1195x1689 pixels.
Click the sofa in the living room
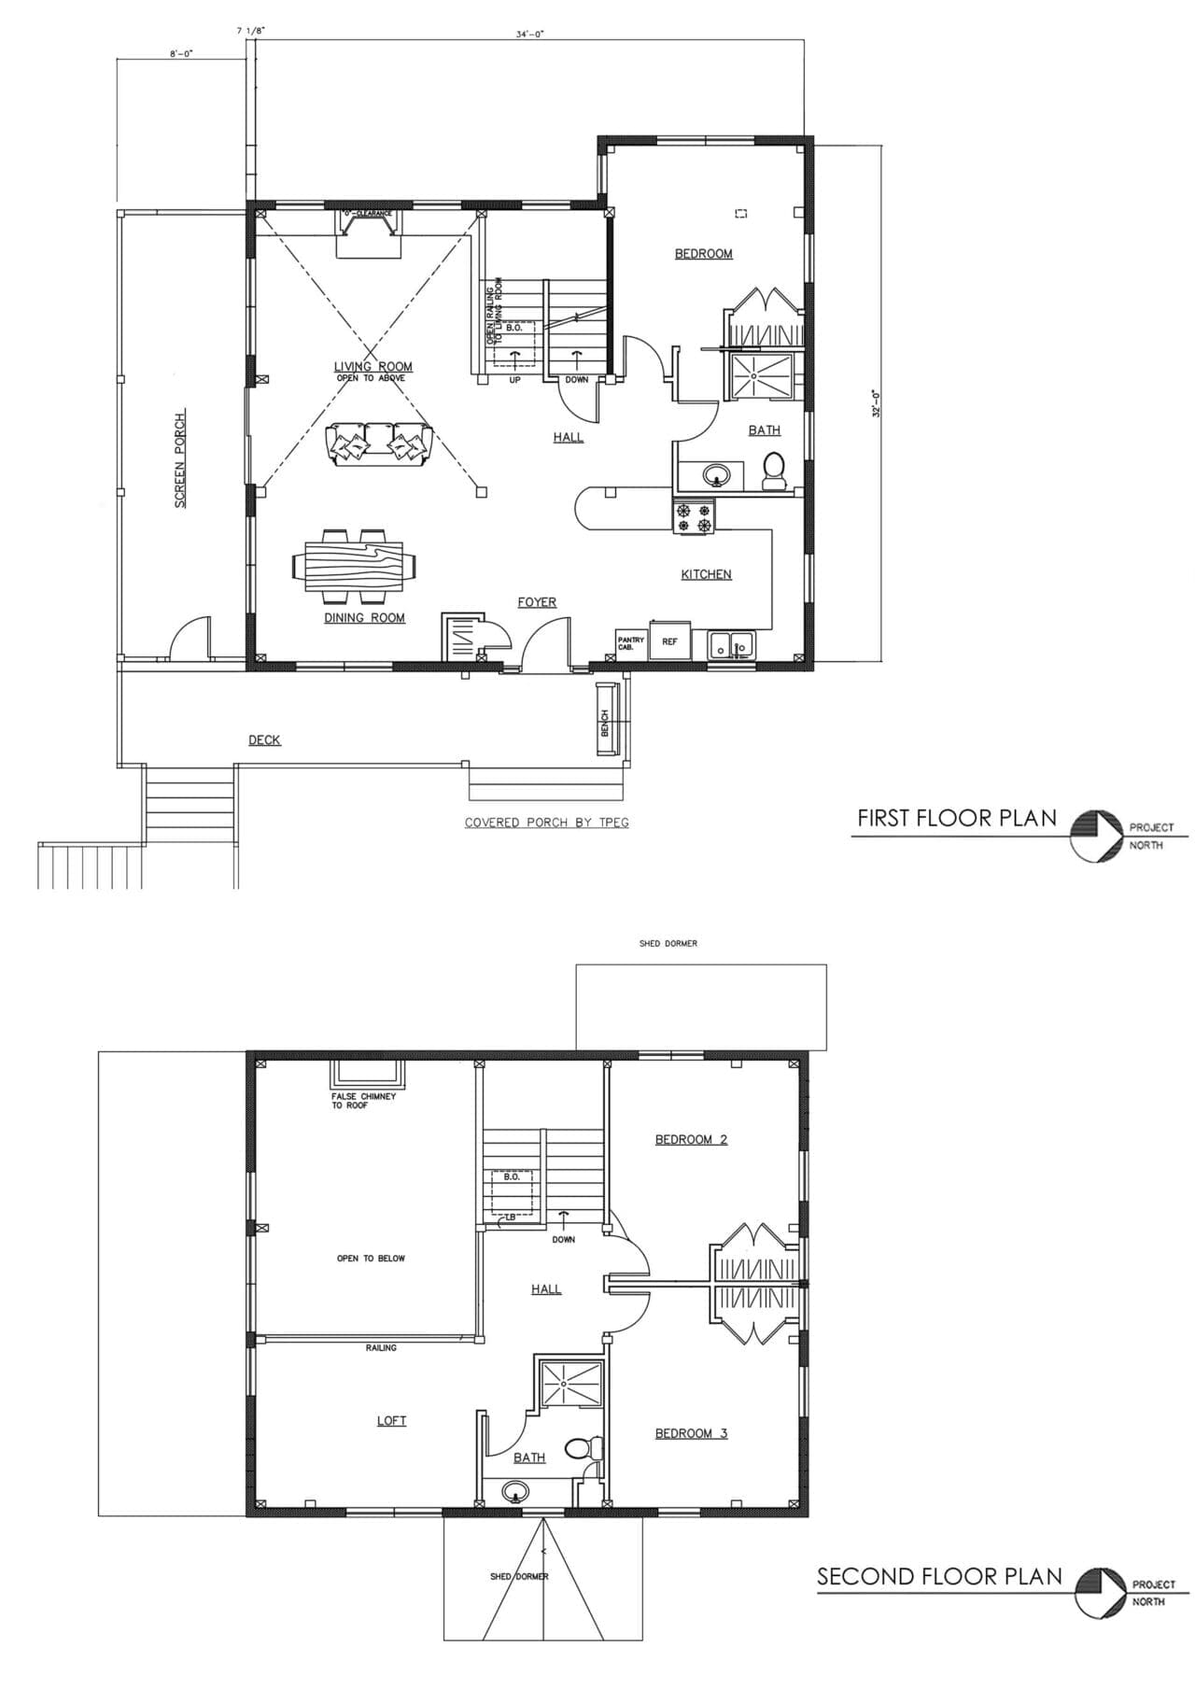pos(379,441)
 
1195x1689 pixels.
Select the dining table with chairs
pos(355,565)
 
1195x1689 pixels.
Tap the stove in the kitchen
pos(694,517)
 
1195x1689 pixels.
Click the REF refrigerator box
pos(669,640)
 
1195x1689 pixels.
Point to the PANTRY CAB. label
pos(629,642)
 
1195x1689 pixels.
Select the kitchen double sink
pos(731,644)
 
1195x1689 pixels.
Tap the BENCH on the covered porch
pos(605,719)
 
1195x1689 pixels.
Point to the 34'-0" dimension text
pos(529,35)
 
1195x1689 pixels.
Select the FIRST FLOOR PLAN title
pos(957,819)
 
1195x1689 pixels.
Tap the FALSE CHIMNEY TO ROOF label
pos(363,1100)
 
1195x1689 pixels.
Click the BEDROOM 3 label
pos(691,1433)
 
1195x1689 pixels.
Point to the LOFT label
pos(391,1420)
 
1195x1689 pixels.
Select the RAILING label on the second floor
pos(381,1347)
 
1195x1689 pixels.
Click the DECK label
pos(264,739)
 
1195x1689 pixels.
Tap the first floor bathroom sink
pos(716,475)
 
